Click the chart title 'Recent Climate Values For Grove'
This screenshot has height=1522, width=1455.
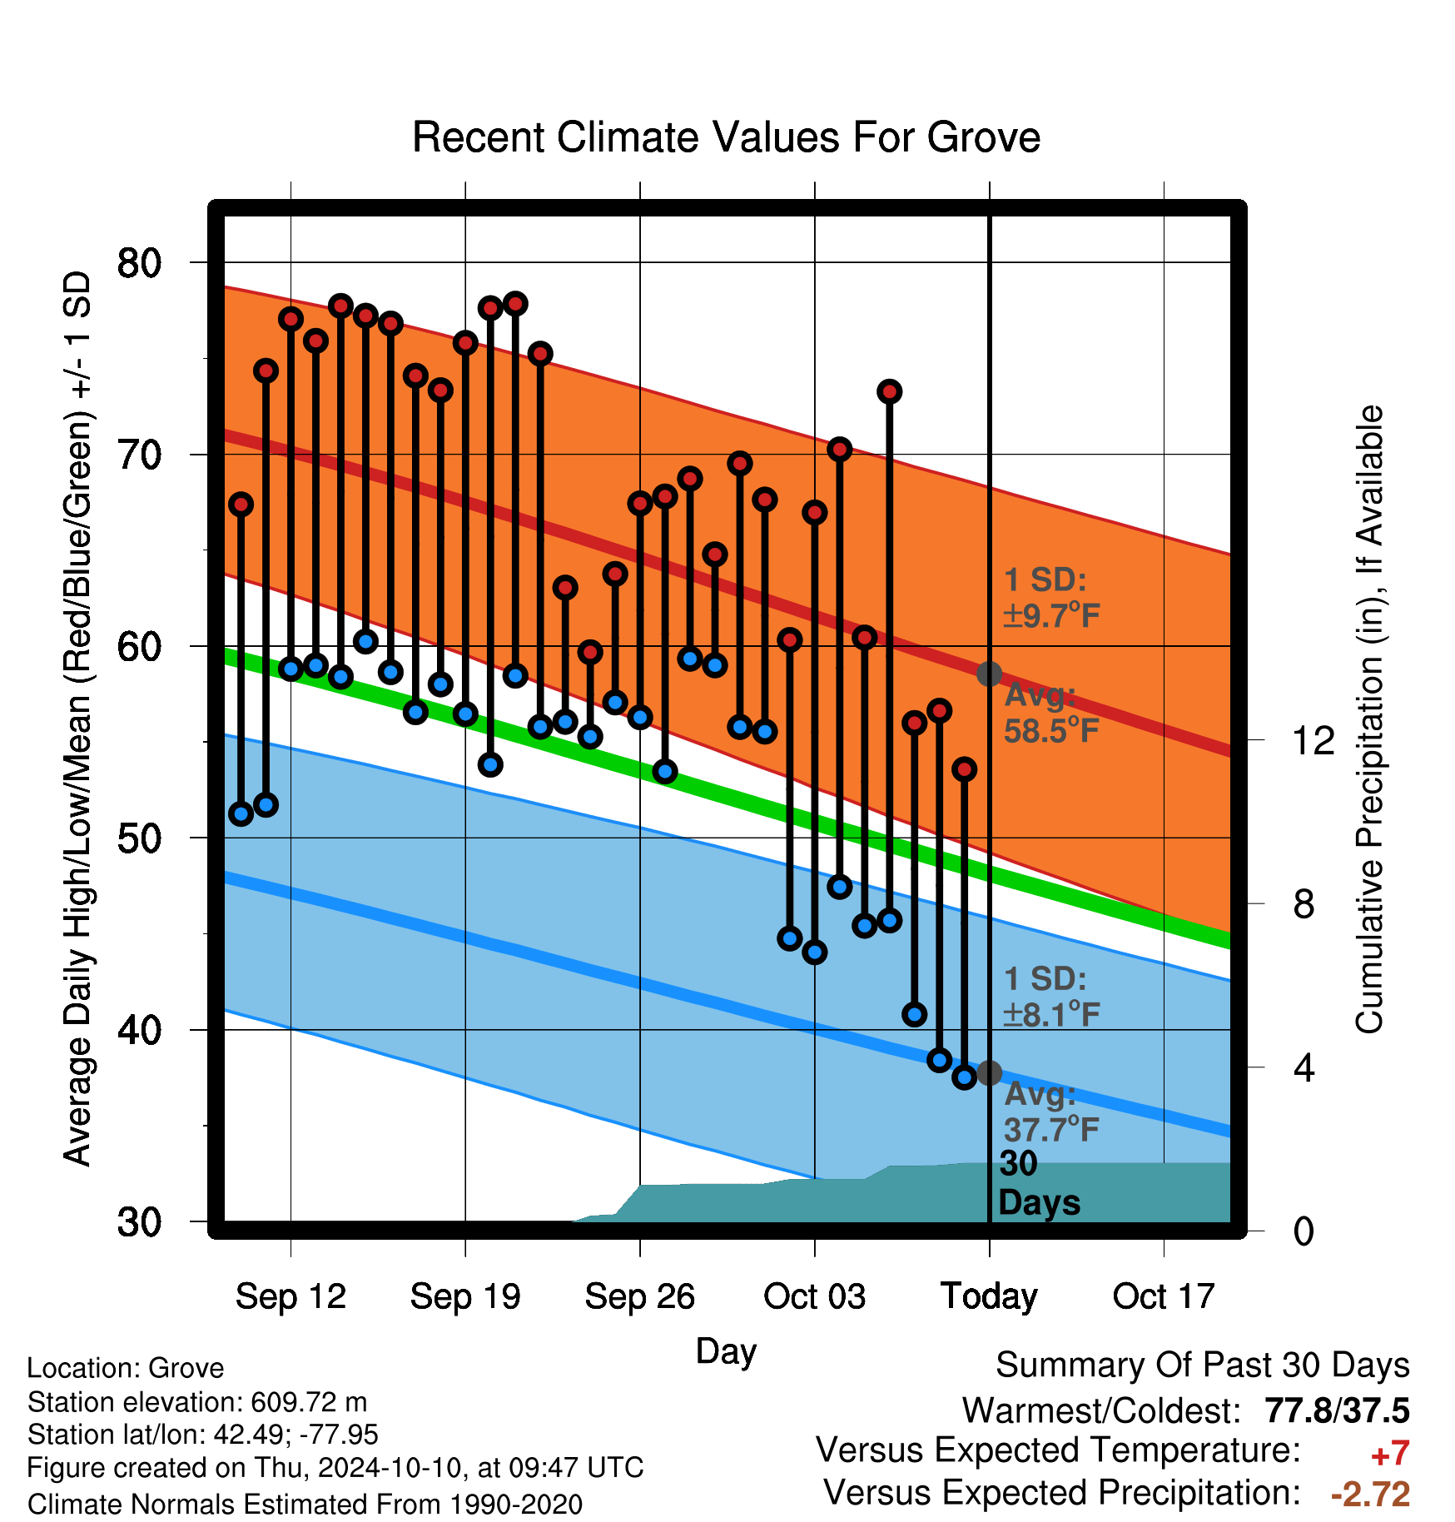click(726, 137)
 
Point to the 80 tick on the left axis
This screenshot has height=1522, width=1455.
click(140, 263)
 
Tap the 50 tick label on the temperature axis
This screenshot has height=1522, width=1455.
click(140, 838)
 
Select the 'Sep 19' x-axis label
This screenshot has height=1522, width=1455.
click(465, 1296)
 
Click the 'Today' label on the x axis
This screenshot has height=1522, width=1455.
click(989, 1296)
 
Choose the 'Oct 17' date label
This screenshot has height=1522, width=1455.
click(1164, 1296)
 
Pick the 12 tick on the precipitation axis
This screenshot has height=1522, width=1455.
click(1313, 740)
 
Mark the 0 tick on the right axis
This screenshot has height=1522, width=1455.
click(1304, 1231)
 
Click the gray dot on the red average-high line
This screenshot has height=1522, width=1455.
click(989, 674)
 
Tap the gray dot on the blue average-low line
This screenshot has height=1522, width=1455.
click(989, 1072)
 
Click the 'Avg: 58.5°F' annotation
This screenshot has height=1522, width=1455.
click(1051, 713)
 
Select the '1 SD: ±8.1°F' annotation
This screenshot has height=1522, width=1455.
click(1051, 997)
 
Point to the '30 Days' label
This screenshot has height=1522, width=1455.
click(1039, 1183)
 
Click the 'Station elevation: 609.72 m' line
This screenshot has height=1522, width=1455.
click(197, 1402)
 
